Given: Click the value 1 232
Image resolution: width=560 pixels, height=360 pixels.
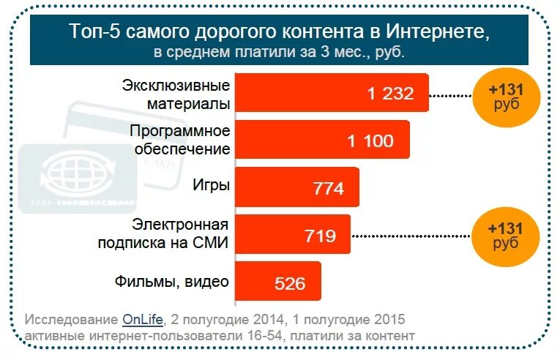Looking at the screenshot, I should click(x=391, y=94).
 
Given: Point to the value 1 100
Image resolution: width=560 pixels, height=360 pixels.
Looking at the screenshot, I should click(x=370, y=141).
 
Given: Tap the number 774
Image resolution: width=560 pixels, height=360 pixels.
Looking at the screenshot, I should click(x=328, y=189).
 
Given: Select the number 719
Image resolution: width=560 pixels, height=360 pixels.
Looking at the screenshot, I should click(x=320, y=236).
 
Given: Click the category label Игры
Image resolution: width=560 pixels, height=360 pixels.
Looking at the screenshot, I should click(x=213, y=185).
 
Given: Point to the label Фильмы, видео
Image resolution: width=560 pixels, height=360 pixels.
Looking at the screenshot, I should click(x=172, y=281).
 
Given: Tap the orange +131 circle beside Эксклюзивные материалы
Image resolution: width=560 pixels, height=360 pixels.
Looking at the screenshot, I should click(x=505, y=97).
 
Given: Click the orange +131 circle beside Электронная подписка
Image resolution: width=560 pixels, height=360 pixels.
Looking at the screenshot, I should click(x=505, y=235).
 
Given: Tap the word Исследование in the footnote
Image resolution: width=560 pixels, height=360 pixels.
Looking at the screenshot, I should click(x=71, y=320).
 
